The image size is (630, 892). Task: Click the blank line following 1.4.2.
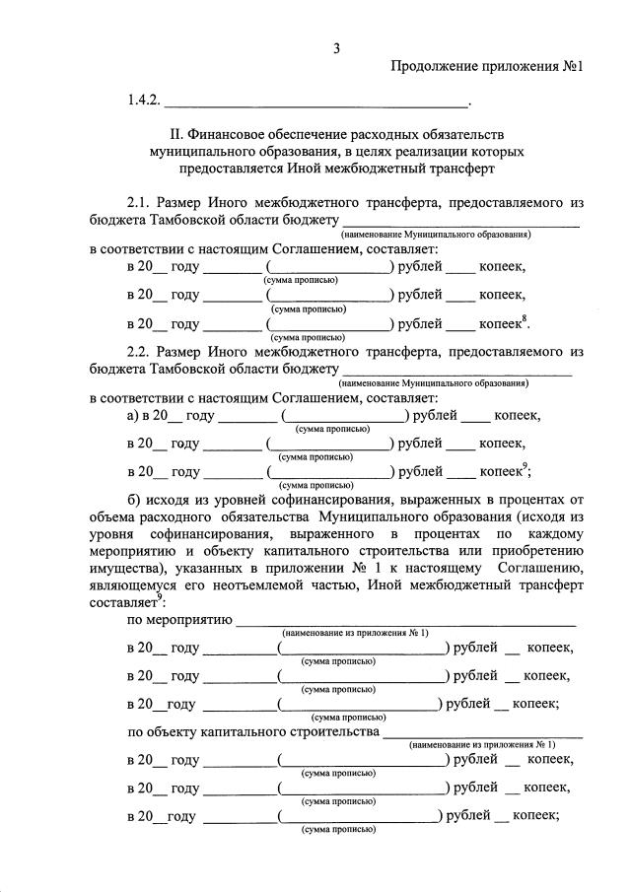coord(315,103)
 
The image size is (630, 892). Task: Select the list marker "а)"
coord(136,415)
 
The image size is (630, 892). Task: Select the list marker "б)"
coord(136,499)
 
